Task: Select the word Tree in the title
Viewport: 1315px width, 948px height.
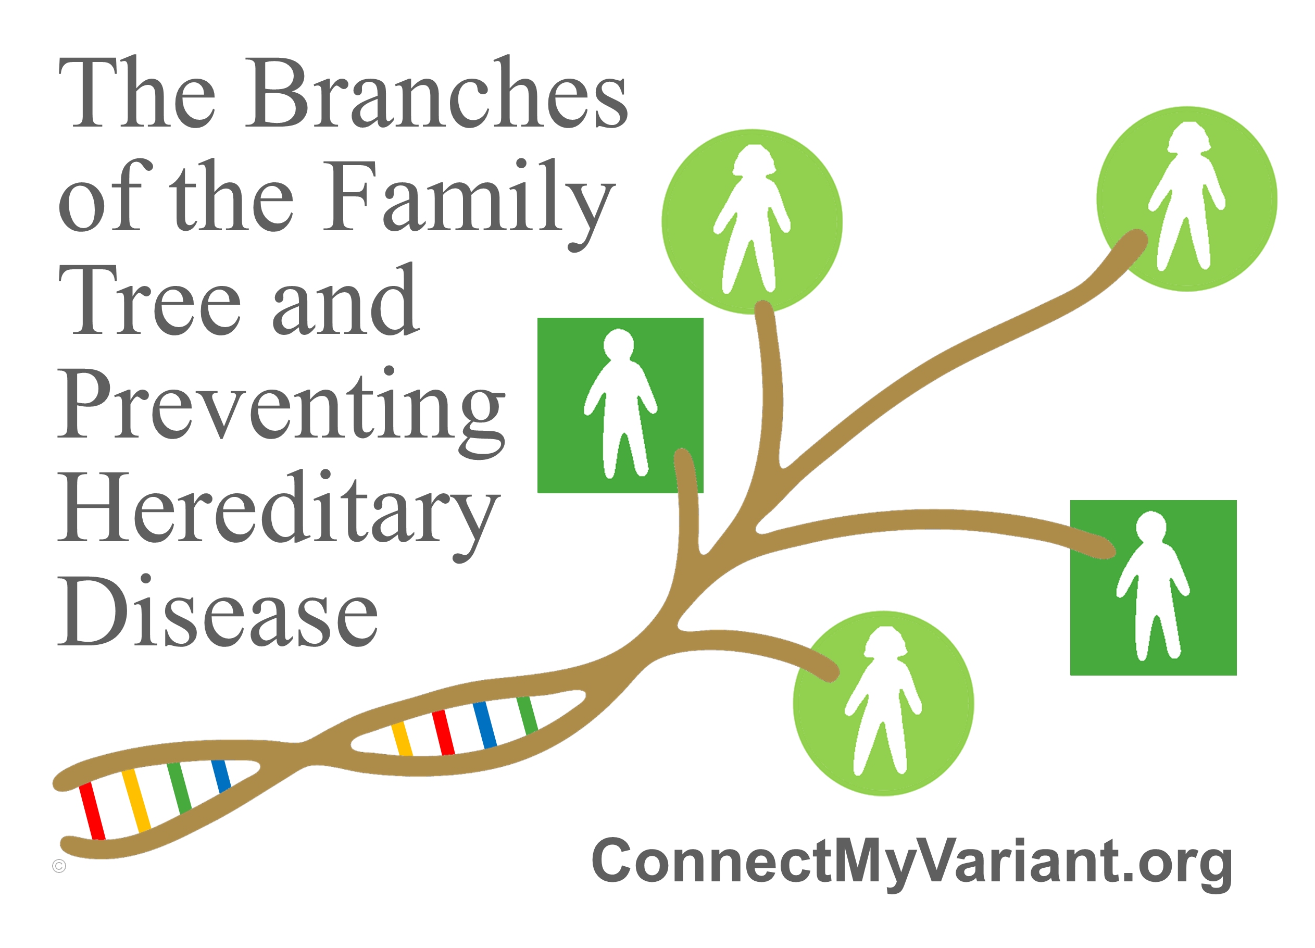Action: (149, 299)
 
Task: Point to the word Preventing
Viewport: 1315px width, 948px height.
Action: (282, 411)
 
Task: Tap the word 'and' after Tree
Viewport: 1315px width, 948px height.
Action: (346, 299)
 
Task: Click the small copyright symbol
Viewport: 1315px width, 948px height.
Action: (59, 866)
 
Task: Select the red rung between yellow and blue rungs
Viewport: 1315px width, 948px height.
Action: (444, 732)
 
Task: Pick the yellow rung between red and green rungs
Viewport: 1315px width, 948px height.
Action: (136, 800)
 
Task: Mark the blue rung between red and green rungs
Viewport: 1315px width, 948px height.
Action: (485, 725)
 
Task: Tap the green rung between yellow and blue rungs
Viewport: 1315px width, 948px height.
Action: (179, 788)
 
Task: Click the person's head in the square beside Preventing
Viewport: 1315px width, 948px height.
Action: (619, 344)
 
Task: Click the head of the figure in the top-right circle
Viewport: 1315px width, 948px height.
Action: (1188, 138)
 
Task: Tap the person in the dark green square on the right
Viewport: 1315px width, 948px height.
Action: (1153, 585)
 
